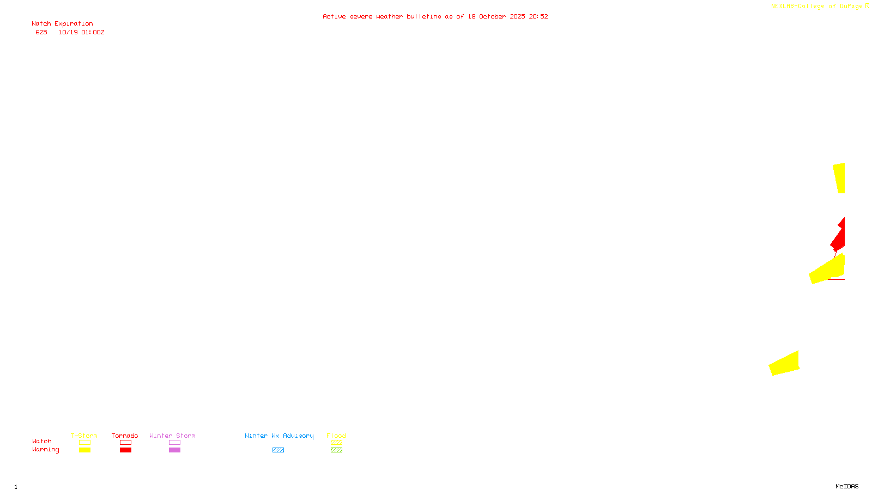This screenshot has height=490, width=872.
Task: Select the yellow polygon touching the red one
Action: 828,269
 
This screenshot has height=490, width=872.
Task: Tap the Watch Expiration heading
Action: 62,24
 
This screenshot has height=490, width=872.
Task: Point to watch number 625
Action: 41,33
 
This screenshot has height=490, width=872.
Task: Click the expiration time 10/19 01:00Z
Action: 81,33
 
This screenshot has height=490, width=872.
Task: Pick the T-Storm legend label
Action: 84,436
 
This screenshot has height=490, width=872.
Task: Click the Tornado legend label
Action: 125,436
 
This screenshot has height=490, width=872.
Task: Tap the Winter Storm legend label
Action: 172,436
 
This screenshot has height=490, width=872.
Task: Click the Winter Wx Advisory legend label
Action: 279,436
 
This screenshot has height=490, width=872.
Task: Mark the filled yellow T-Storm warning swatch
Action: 84,450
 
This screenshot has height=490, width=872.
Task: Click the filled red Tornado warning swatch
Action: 125,450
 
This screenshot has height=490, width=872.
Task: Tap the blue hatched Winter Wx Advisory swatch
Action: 278,450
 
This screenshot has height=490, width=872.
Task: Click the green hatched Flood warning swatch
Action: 336,450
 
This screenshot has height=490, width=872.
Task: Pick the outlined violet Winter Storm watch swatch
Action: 174,443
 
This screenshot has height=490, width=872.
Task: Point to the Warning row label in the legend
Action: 45,450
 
